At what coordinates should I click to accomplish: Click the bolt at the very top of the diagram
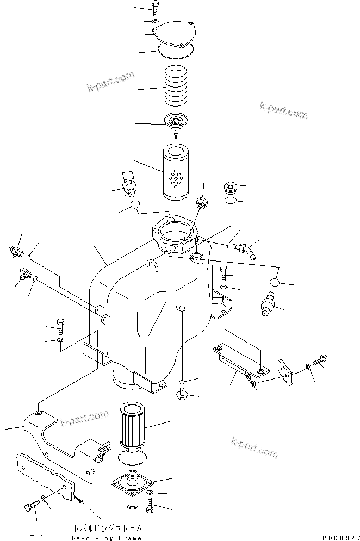[x=156, y=9]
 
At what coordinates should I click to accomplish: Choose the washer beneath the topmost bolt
[x=156, y=22]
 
